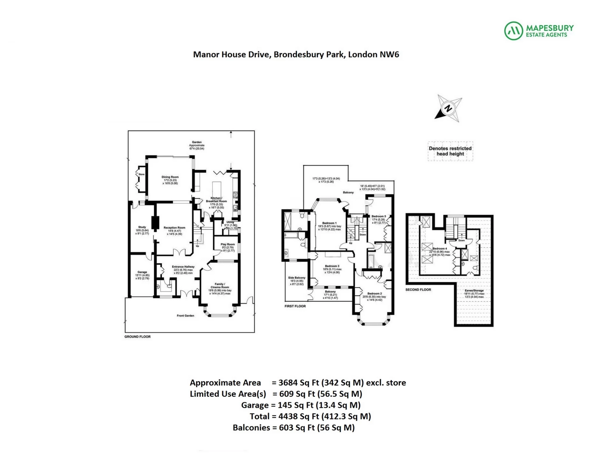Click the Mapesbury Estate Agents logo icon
(514, 31)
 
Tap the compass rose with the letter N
(448, 108)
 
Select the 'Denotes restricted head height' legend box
(450, 151)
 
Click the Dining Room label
(170, 177)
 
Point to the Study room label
(142, 227)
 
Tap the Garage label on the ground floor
(142, 272)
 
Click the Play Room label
(228, 244)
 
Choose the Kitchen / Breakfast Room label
(216, 199)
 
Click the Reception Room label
(174, 228)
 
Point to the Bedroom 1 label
(329, 223)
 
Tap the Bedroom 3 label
(332, 266)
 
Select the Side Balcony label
(297, 278)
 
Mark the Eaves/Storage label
(474, 290)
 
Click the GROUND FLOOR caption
(137, 337)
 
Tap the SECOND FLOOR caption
(418, 290)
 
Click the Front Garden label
(185, 316)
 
